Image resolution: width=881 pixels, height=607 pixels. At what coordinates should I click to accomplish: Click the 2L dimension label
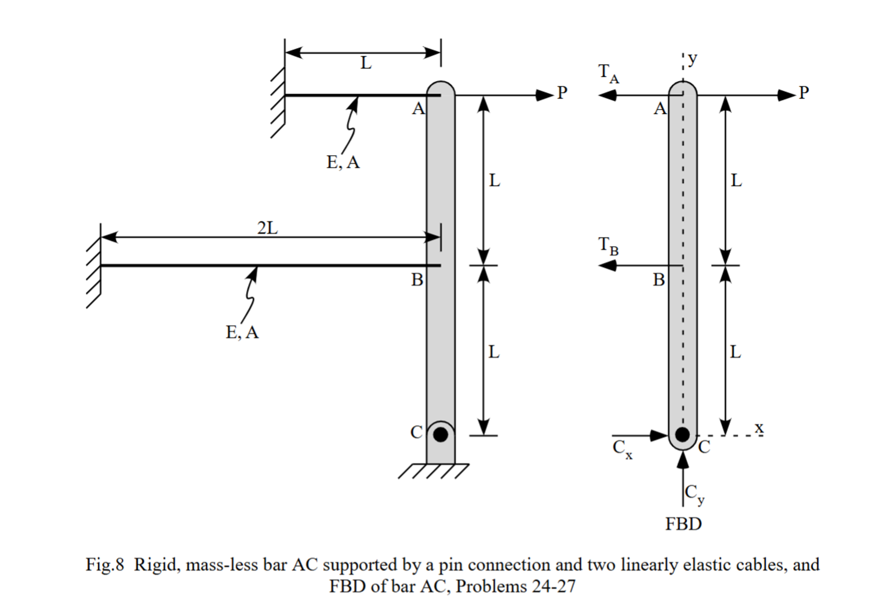(x=267, y=228)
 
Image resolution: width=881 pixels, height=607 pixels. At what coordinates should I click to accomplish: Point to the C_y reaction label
(x=694, y=494)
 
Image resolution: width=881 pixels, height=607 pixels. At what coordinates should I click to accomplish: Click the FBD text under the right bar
(x=683, y=524)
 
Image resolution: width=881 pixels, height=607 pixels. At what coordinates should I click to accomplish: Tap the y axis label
(x=693, y=59)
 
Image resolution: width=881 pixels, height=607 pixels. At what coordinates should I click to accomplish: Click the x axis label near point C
(x=759, y=427)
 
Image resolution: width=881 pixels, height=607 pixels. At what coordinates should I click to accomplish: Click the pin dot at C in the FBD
(x=683, y=434)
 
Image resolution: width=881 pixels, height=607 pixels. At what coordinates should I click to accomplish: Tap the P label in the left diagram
(x=562, y=93)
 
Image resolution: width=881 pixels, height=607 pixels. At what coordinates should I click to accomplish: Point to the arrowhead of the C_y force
(x=683, y=460)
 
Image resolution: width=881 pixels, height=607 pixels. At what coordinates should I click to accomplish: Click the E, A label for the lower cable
(x=242, y=332)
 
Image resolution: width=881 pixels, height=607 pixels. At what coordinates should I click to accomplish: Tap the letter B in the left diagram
(x=417, y=280)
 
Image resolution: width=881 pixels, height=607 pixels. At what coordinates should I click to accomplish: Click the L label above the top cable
(x=366, y=63)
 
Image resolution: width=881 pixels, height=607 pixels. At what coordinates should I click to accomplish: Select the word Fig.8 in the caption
(x=105, y=565)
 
